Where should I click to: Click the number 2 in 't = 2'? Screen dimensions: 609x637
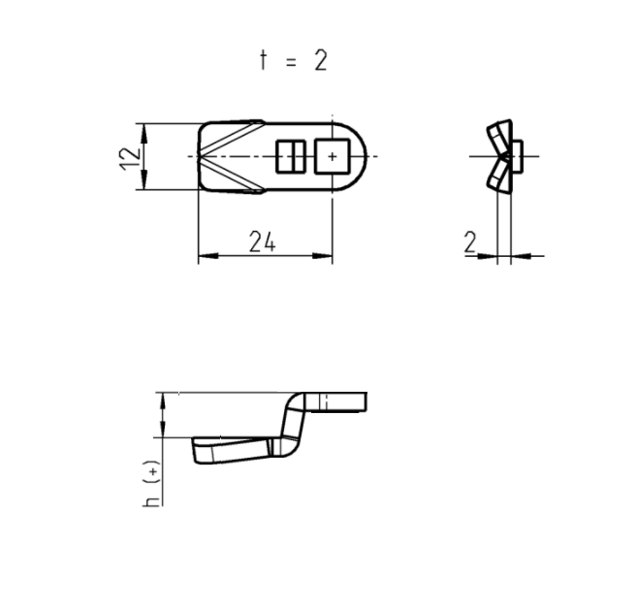pos(320,60)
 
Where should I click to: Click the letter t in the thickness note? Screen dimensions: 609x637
pos(262,60)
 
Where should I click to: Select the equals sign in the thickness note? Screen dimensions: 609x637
pos(290,61)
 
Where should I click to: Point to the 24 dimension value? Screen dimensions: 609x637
pos(262,242)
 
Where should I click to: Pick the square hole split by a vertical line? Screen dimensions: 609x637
pos(291,156)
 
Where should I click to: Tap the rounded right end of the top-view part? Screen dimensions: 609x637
pos(360,156)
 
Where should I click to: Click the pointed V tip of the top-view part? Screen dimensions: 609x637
pos(201,156)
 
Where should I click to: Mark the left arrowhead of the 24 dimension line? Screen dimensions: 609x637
pos(204,258)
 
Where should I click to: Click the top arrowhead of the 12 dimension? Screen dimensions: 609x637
pos(143,128)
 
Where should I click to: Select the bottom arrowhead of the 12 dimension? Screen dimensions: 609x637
pos(143,185)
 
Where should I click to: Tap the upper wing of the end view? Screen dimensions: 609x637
pos(499,136)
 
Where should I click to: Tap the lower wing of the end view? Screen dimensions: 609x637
pos(499,176)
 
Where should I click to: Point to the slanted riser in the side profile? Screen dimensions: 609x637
pos(291,423)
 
